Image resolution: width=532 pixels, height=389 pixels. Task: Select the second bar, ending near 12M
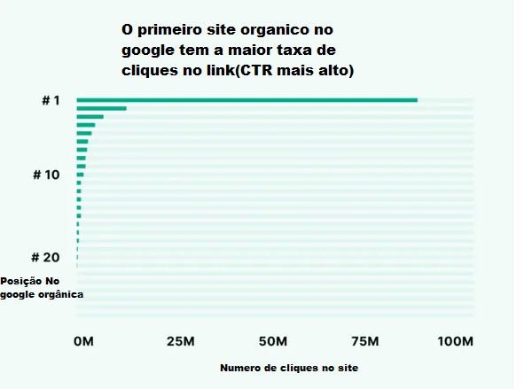click(101, 108)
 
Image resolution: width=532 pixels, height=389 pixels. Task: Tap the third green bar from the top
click(90, 117)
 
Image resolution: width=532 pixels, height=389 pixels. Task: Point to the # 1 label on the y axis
click(51, 100)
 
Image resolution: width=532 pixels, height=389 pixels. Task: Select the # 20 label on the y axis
click(45, 257)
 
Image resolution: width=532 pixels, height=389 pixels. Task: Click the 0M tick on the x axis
click(82, 341)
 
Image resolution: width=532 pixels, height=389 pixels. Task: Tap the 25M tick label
click(180, 341)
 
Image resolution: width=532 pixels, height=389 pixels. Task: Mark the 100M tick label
click(457, 341)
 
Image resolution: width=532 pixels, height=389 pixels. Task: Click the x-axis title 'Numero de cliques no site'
click(288, 367)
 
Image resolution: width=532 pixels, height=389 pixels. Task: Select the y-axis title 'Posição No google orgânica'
click(41, 287)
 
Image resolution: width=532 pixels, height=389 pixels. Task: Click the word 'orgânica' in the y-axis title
click(59, 294)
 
